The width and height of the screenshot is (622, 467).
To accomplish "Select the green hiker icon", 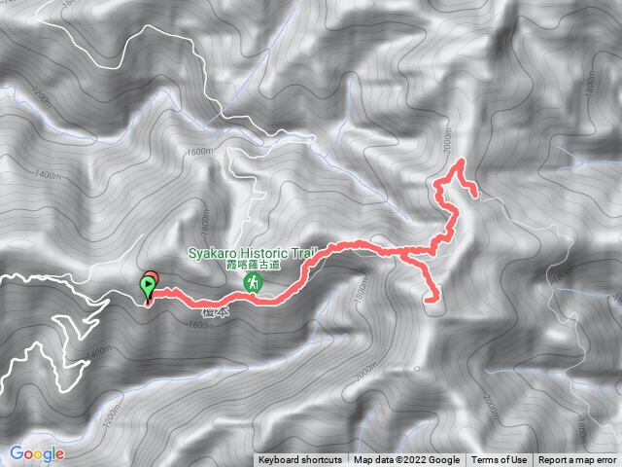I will coord(253,282).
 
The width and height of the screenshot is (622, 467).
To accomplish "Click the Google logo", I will coord(37,453).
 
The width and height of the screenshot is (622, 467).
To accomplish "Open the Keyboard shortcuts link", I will coord(299,460).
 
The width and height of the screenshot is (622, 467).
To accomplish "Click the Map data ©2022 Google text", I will coord(406,460).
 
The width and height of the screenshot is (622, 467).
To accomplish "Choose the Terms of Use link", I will coord(500,460).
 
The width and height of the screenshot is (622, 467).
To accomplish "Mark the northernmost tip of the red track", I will coord(460,159).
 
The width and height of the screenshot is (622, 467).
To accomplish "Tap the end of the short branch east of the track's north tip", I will coord(475,193).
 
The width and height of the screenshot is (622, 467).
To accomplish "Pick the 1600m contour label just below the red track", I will coord(197,325).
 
